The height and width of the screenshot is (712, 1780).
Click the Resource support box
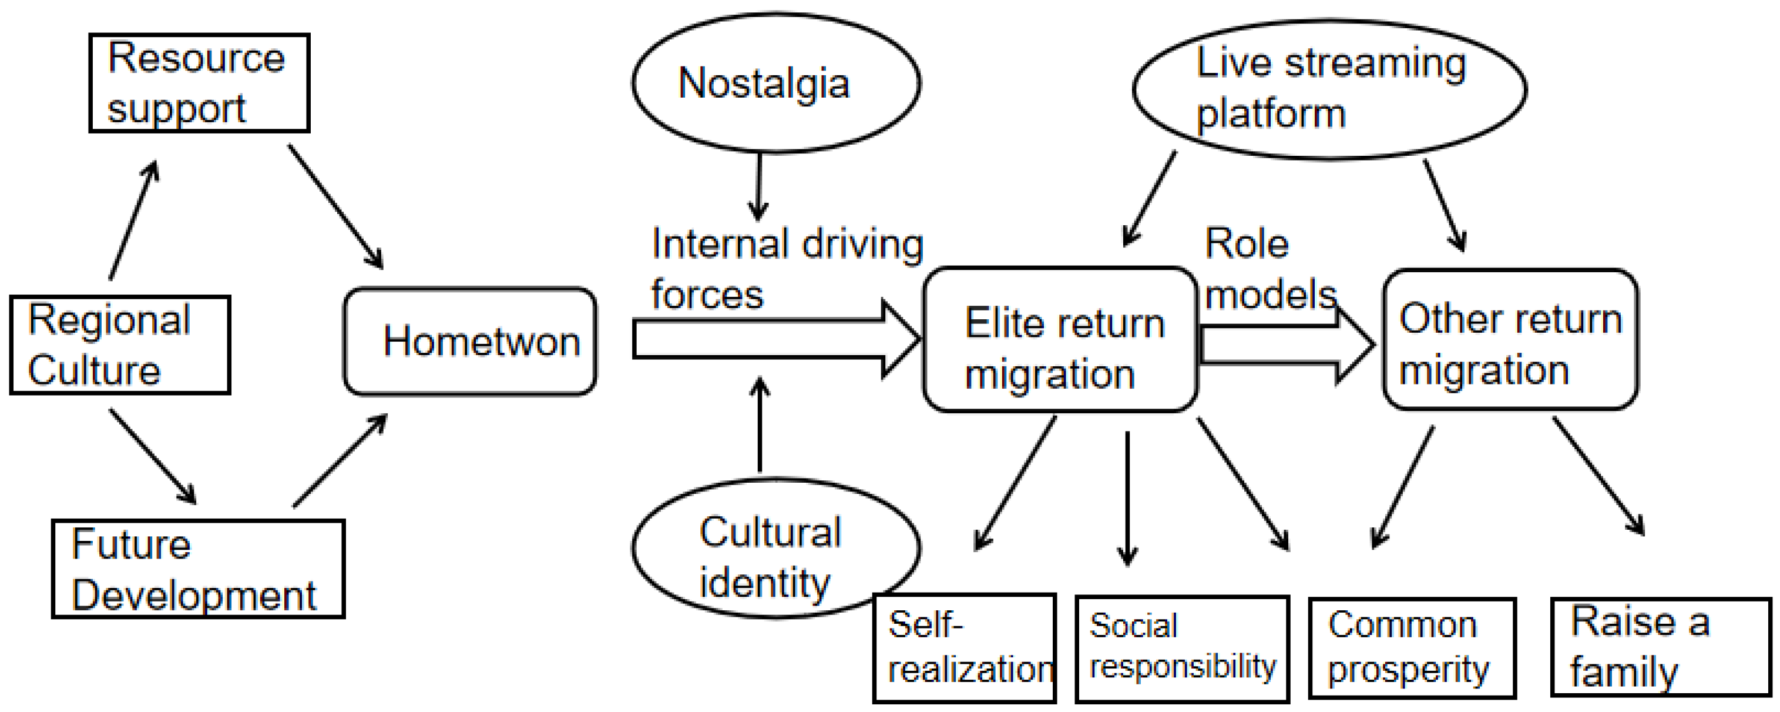coord(199,83)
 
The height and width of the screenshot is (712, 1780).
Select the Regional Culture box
coord(119,345)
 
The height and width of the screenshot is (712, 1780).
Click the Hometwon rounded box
coord(470,342)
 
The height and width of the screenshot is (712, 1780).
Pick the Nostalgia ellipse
coord(775,83)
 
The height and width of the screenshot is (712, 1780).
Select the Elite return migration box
coord(1060,340)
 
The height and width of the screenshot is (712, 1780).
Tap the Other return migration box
coord(1510,340)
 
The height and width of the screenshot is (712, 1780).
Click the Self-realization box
coord(965,648)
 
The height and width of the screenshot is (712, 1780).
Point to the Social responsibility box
coord(1183,649)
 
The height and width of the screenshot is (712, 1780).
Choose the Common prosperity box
coord(1412,649)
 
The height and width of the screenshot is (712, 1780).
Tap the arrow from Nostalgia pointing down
coord(759,185)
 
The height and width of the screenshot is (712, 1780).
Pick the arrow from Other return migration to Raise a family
coord(1597,476)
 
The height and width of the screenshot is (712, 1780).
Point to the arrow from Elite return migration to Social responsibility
coord(1127,498)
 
